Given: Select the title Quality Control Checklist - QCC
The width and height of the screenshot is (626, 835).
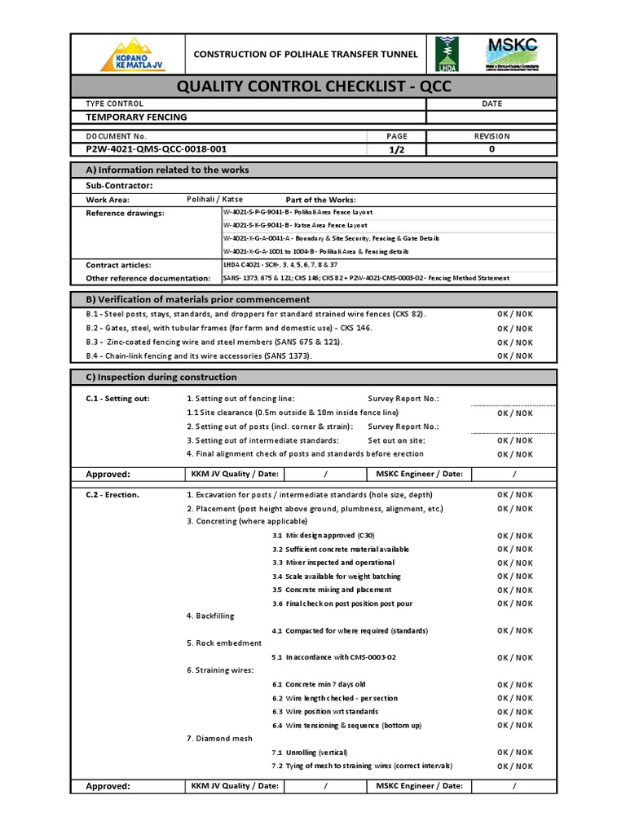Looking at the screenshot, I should click(313, 86).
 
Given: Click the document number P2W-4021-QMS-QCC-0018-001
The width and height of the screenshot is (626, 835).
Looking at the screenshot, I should click(156, 149).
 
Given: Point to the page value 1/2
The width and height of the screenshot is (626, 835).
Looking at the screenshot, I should click(397, 149).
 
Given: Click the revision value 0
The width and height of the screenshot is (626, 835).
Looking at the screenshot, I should click(491, 149).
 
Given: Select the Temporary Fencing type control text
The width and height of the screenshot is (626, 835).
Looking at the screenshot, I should click(136, 117).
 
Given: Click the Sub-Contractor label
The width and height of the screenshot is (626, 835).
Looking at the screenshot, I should click(119, 186).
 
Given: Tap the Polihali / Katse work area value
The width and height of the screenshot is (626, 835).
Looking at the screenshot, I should click(214, 199).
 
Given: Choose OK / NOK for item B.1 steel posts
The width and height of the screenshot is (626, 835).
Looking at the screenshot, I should click(514, 315).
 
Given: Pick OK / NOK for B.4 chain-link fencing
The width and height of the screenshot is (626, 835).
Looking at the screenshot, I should click(514, 356).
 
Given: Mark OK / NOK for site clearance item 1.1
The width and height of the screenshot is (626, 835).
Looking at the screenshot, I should click(514, 413).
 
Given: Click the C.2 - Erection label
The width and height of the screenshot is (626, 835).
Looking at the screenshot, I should click(112, 495).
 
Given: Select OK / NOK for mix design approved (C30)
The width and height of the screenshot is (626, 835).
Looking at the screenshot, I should click(514, 536).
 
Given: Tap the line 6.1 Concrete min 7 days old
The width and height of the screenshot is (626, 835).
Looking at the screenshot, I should click(319, 684).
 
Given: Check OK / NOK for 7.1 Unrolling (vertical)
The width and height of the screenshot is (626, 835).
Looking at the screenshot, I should click(514, 753).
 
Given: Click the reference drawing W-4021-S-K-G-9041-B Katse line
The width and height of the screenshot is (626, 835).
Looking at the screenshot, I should click(295, 225).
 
